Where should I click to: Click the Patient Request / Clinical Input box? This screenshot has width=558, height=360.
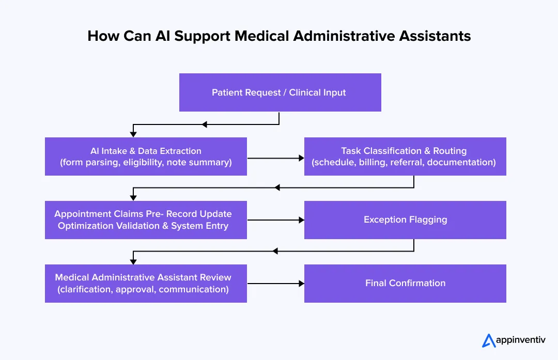coord(280,92)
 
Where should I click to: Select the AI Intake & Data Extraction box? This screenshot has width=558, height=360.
coord(146,156)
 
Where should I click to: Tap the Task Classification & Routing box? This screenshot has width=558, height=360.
coord(405,156)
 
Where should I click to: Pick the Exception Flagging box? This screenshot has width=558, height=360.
coord(405,220)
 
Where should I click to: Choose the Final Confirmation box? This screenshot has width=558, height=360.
coord(405,284)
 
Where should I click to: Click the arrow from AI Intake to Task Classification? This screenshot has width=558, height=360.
coord(275,159)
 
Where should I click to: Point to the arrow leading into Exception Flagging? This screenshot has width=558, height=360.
coord(275,220)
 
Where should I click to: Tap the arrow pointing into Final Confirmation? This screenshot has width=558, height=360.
coord(275,284)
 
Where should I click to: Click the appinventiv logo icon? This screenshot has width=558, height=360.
coord(489,340)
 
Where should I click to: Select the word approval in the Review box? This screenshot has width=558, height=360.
coord(135,289)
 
